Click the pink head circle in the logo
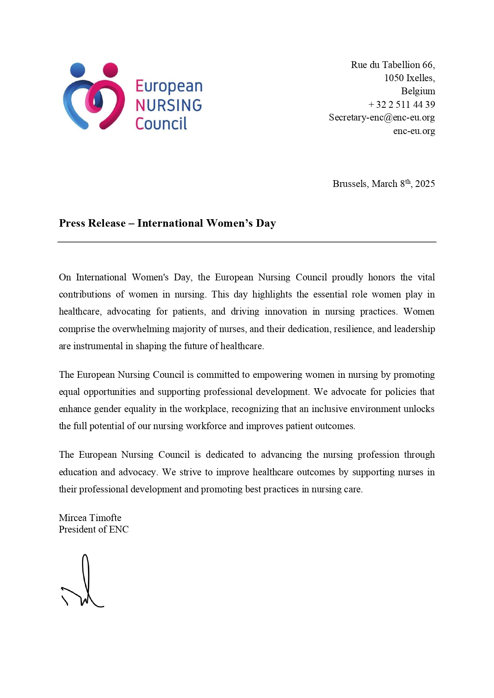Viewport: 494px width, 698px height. (x=110, y=70)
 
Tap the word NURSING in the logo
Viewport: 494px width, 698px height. (x=168, y=105)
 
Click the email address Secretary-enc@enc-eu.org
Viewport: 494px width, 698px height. (x=381, y=118)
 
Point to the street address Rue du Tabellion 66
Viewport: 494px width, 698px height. (x=392, y=65)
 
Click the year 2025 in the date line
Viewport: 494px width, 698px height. (x=425, y=184)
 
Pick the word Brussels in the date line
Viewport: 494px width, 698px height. (x=350, y=184)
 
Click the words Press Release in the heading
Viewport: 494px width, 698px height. (x=92, y=223)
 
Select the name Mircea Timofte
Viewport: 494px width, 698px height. (x=90, y=518)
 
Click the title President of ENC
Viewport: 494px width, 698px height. (x=94, y=529)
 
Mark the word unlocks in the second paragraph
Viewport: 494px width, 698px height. (x=419, y=409)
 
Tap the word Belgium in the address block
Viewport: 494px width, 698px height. (x=418, y=91)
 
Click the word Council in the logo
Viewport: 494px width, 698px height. (x=161, y=124)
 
